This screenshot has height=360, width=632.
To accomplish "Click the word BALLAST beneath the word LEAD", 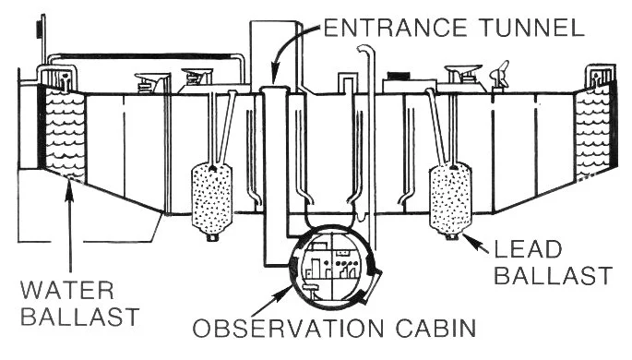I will (x=552, y=274).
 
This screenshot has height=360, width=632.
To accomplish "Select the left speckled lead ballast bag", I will (x=212, y=198).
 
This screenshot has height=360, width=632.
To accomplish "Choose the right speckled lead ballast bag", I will (x=451, y=198).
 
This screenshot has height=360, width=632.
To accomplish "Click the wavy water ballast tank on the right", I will (x=594, y=129).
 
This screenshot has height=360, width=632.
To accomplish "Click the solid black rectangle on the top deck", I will (x=399, y=75).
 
